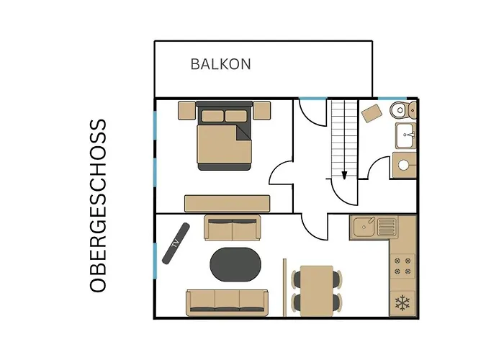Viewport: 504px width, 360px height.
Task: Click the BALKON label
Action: click(x=220, y=64)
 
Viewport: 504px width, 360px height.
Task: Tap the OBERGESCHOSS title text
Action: click(x=98, y=206)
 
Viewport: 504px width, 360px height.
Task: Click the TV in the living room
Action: click(x=176, y=243)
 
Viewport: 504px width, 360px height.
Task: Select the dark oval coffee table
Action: click(x=235, y=264)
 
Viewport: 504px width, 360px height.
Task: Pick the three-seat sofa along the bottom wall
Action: click(x=227, y=303)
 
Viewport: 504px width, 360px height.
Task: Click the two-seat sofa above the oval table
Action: click(x=233, y=228)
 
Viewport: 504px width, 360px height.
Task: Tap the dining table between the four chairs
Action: click(x=317, y=291)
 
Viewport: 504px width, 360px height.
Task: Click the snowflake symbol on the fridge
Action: click(x=402, y=303)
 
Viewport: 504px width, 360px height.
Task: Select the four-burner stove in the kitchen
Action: click(x=402, y=266)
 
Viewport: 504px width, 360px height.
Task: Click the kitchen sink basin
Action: click(x=364, y=227)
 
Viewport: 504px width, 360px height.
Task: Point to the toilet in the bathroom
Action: click(x=403, y=110)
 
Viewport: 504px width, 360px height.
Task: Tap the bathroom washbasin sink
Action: click(x=406, y=135)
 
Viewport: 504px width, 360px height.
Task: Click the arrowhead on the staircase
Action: click(x=344, y=175)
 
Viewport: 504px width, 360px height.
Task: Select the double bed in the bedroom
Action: click(x=225, y=135)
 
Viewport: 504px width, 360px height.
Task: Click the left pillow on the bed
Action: click(x=212, y=116)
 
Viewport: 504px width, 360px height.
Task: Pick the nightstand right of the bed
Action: click(x=261, y=111)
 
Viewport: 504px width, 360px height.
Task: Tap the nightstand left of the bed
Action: click(x=186, y=111)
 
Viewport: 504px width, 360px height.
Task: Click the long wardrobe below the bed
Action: click(x=228, y=204)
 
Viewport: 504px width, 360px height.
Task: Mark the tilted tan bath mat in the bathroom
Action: click(x=372, y=113)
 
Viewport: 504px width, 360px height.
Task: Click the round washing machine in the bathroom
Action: click(x=404, y=165)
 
